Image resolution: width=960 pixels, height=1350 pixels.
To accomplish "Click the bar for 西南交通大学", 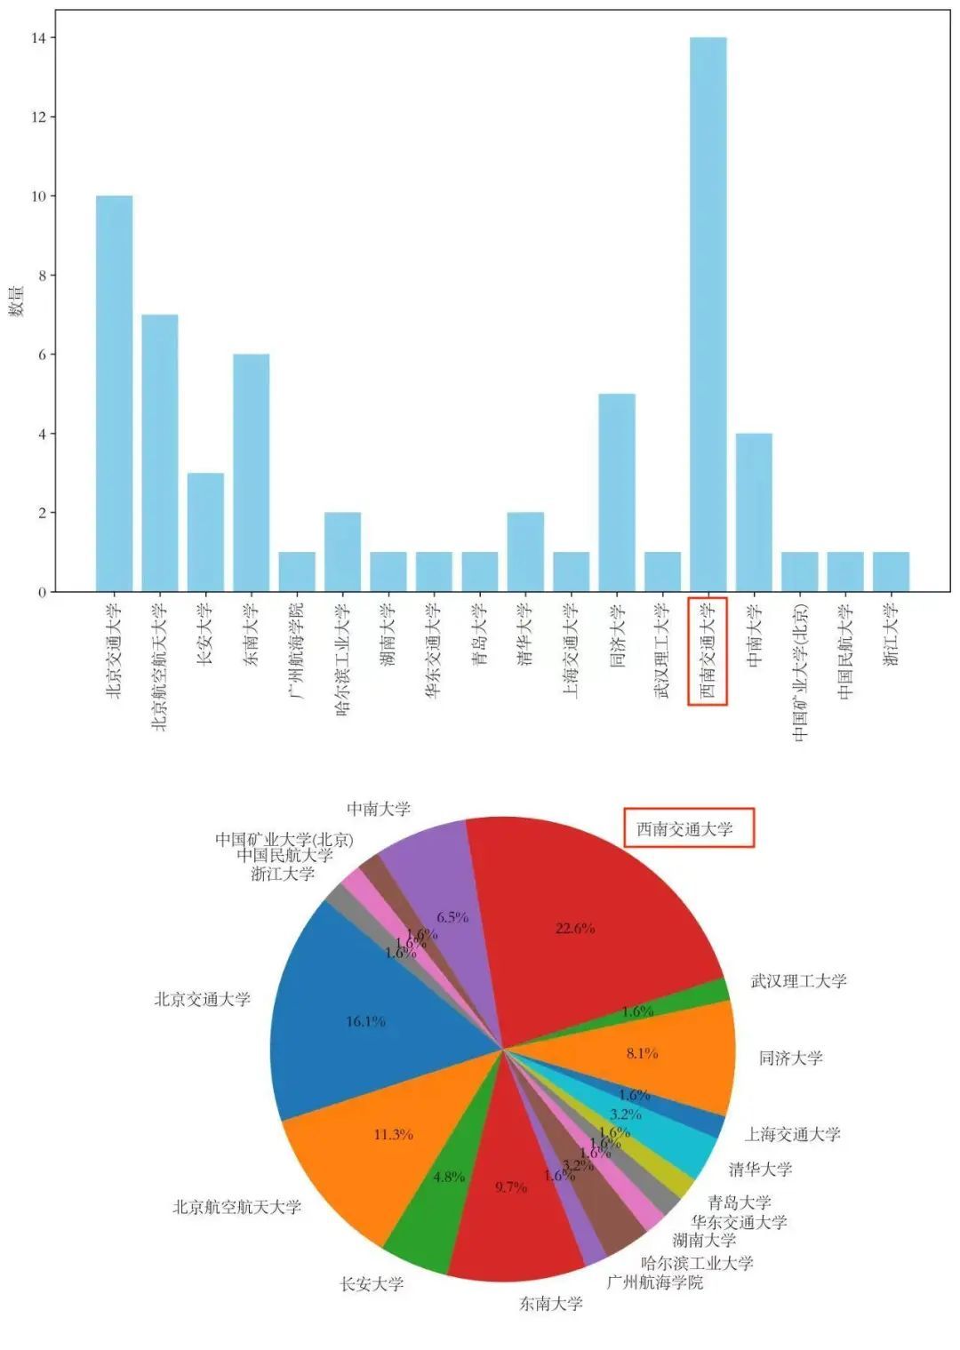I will tap(708, 315).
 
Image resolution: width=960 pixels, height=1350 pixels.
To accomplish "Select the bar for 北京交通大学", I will tap(114, 394).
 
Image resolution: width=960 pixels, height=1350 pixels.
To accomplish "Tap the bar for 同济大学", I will tap(617, 492).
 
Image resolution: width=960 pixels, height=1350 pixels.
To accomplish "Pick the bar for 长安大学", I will tap(205, 532).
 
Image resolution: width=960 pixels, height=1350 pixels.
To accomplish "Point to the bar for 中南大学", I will tap(754, 512).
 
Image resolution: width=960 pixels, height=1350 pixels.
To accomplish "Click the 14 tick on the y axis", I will tap(40, 37).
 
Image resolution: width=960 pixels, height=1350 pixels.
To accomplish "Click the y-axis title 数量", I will tap(17, 301).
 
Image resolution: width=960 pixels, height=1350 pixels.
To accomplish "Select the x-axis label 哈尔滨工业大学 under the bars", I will tap(343, 659).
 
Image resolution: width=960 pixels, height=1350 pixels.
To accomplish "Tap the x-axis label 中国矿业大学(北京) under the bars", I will tap(800, 672).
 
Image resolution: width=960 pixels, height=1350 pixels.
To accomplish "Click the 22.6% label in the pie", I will tap(575, 928).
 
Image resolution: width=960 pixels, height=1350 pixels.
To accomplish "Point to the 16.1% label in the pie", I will tap(365, 1021).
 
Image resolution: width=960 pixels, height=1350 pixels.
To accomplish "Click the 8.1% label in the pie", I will tap(642, 1053).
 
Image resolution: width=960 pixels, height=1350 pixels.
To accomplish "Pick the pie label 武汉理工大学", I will tap(798, 981).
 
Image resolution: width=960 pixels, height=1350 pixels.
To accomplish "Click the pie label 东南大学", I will tap(551, 1304).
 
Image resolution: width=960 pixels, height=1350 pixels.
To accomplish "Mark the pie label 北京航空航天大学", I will tap(236, 1207).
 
